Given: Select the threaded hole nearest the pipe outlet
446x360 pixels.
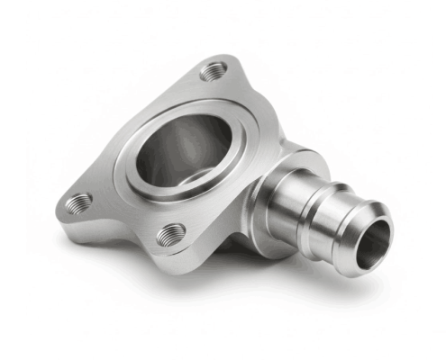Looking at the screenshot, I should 170,236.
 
